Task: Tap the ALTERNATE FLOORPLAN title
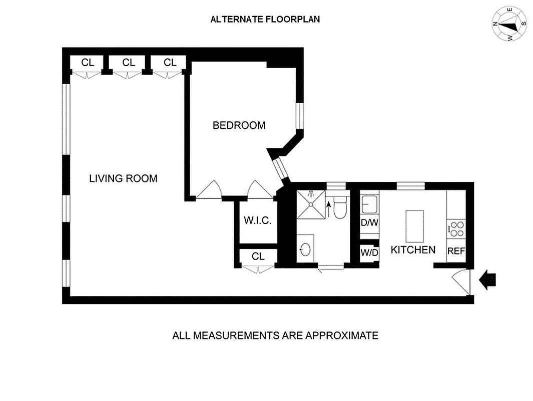click(x=265, y=20)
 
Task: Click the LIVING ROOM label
click(x=123, y=178)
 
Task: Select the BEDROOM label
click(x=239, y=125)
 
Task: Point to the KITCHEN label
click(x=413, y=250)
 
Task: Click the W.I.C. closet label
click(x=257, y=221)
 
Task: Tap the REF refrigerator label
click(x=456, y=251)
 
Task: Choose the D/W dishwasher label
click(x=369, y=223)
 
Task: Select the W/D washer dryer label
click(x=369, y=253)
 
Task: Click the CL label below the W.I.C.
click(x=258, y=257)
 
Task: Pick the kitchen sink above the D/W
click(x=369, y=205)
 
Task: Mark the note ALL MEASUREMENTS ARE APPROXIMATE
click(x=275, y=335)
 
